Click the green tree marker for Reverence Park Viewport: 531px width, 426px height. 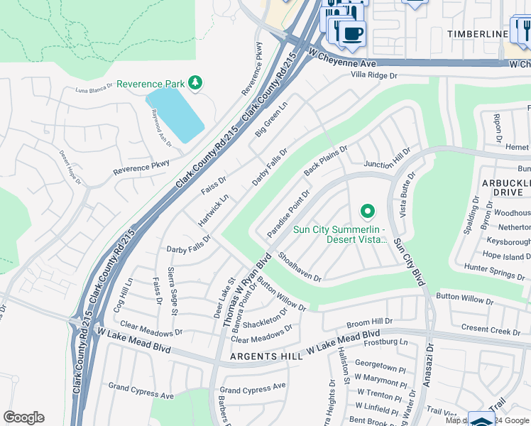coord(195,84)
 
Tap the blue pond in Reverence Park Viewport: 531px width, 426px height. coord(175,114)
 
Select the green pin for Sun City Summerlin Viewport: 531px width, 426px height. coord(367,211)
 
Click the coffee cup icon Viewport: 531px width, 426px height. coord(352,33)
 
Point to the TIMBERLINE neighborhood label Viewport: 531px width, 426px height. coord(478,34)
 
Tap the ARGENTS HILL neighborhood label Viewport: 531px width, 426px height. coord(266,356)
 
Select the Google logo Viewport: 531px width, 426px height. coord(23,417)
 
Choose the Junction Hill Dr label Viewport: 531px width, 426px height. coord(387,165)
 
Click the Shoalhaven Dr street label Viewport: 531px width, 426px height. coord(300,267)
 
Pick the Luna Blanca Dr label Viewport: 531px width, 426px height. coord(95,90)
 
